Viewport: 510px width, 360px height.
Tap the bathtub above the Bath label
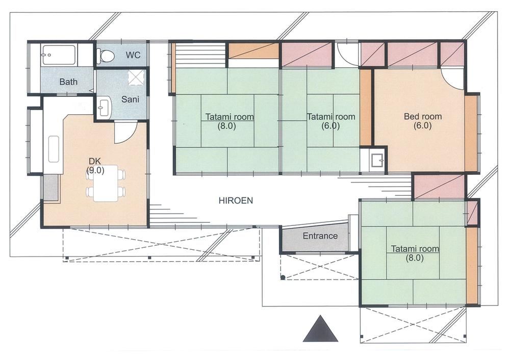pos(59,55)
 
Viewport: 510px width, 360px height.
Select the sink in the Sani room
pos(104,107)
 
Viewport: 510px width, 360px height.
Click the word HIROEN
pos(236,200)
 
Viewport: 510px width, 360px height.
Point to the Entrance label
pos(320,236)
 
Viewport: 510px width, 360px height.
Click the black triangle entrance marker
pos(320,329)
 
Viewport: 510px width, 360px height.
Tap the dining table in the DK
pos(106,184)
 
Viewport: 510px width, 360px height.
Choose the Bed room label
pos(422,121)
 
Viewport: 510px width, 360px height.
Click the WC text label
pos(133,55)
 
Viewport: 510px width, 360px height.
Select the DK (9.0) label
pos(95,166)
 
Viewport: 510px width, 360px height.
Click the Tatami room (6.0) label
pos(331,121)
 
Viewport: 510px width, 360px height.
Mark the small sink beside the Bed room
pos(377,160)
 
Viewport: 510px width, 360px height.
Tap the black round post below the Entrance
pos(283,277)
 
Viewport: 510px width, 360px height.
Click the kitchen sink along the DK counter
pos(54,149)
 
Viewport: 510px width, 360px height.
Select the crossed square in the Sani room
pos(136,78)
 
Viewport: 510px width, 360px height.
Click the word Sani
pos(130,99)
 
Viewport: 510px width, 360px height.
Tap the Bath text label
pos(68,82)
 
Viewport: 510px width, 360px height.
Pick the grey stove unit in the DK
pos(51,188)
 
